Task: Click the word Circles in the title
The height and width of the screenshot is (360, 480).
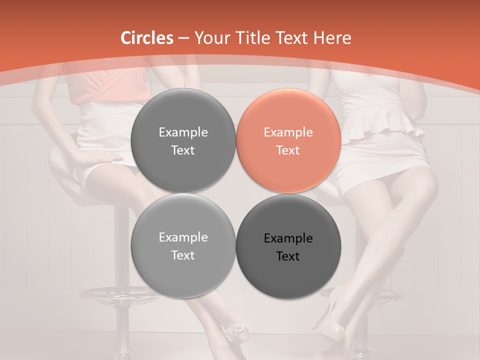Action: pyautogui.click(x=147, y=38)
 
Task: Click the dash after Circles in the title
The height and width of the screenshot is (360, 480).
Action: pyautogui.click(x=183, y=38)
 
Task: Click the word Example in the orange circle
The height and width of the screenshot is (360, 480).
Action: pyautogui.click(x=288, y=132)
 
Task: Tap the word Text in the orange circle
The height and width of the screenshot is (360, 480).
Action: pyautogui.click(x=288, y=150)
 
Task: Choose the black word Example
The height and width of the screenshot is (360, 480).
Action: pyautogui.click(x=288, y=238)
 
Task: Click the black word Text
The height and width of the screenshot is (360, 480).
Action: pyautogui.click(x=288, y=256)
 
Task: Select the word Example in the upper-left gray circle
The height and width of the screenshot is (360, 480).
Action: pyautogui.click(x=183, y=132)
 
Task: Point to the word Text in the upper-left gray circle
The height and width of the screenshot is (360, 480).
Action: pyautogui.click(x=183, y=150)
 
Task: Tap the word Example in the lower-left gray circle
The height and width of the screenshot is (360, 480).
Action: pyautogui.click(x=183, y=237)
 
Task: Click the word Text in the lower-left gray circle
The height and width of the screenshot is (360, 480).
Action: pyautogui.click(x=183, y=255)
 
